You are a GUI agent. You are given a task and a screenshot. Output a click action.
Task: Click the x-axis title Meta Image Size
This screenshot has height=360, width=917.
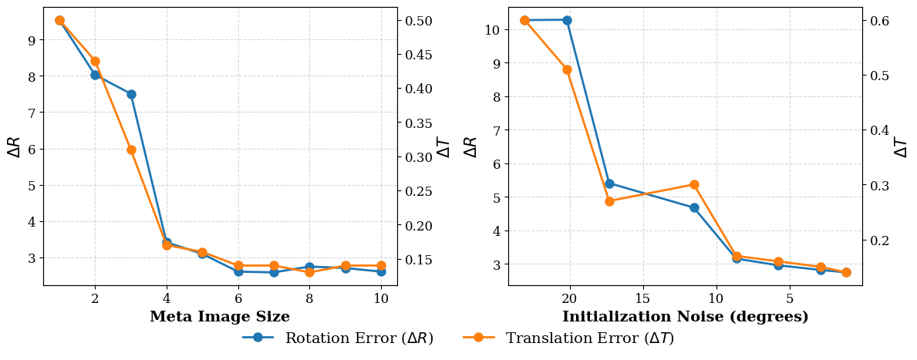(220, 317)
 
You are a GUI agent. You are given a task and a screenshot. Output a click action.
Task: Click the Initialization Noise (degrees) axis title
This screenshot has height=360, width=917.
(685, 317)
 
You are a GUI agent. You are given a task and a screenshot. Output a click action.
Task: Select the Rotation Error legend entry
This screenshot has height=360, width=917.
(338, 338)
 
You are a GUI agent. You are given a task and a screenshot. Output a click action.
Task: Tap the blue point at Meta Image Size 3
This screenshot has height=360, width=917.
(131, 94)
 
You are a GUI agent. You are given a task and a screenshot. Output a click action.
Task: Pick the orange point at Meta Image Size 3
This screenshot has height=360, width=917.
(131, 150)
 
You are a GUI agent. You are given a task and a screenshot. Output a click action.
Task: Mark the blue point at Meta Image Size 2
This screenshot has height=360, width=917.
(95, 75)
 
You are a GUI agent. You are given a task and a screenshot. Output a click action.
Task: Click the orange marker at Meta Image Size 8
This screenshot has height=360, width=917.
(309, 272)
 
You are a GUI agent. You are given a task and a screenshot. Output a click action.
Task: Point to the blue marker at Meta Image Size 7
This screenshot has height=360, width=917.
(274, 272)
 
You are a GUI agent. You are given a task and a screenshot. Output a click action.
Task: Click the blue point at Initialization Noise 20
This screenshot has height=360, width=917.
(567, 20)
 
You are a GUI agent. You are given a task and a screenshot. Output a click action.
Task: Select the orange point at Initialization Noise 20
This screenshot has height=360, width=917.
(567, 69)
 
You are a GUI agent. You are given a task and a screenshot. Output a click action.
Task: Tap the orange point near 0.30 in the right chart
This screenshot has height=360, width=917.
(694, 184)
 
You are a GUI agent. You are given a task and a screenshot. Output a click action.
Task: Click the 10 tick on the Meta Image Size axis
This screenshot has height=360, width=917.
(381, 298)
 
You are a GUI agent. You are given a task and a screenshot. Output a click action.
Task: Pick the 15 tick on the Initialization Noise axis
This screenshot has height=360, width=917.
(642, 298)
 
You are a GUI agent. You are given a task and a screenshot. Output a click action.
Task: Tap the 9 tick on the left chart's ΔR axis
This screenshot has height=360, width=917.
(32, 40)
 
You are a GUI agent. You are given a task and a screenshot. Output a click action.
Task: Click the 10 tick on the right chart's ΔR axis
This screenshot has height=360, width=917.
(493, 30)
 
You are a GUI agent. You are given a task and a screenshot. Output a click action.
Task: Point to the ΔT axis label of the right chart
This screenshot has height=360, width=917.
(901, 146)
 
